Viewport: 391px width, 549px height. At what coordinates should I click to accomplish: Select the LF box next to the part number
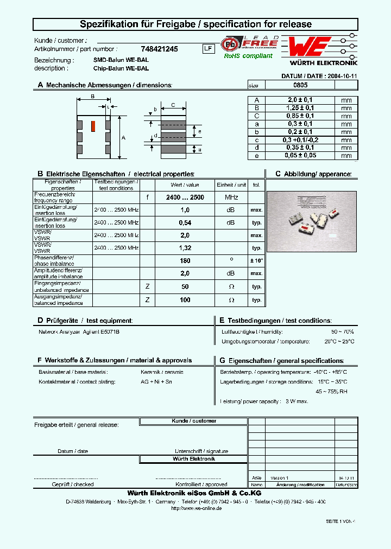207,48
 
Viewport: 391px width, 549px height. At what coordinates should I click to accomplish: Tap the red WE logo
309,47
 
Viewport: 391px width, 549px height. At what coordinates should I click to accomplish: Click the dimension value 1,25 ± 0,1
300,108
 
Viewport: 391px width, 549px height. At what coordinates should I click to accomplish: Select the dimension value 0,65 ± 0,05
300,156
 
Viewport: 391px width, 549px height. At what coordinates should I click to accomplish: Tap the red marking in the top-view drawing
92,125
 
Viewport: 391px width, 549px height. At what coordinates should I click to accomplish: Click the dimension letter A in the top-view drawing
123,138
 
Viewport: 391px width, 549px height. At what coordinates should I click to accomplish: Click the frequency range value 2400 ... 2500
185,197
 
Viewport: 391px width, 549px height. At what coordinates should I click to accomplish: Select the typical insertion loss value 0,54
185,223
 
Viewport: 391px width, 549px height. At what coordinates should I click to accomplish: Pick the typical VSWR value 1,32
185,248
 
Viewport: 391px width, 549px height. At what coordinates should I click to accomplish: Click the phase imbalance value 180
185,261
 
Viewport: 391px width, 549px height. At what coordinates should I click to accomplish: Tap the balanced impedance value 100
185,300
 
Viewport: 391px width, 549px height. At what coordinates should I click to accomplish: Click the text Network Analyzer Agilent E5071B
79,331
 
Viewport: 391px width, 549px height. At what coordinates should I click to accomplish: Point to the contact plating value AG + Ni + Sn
156,382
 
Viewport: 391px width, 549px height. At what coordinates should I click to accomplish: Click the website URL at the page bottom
196,508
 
